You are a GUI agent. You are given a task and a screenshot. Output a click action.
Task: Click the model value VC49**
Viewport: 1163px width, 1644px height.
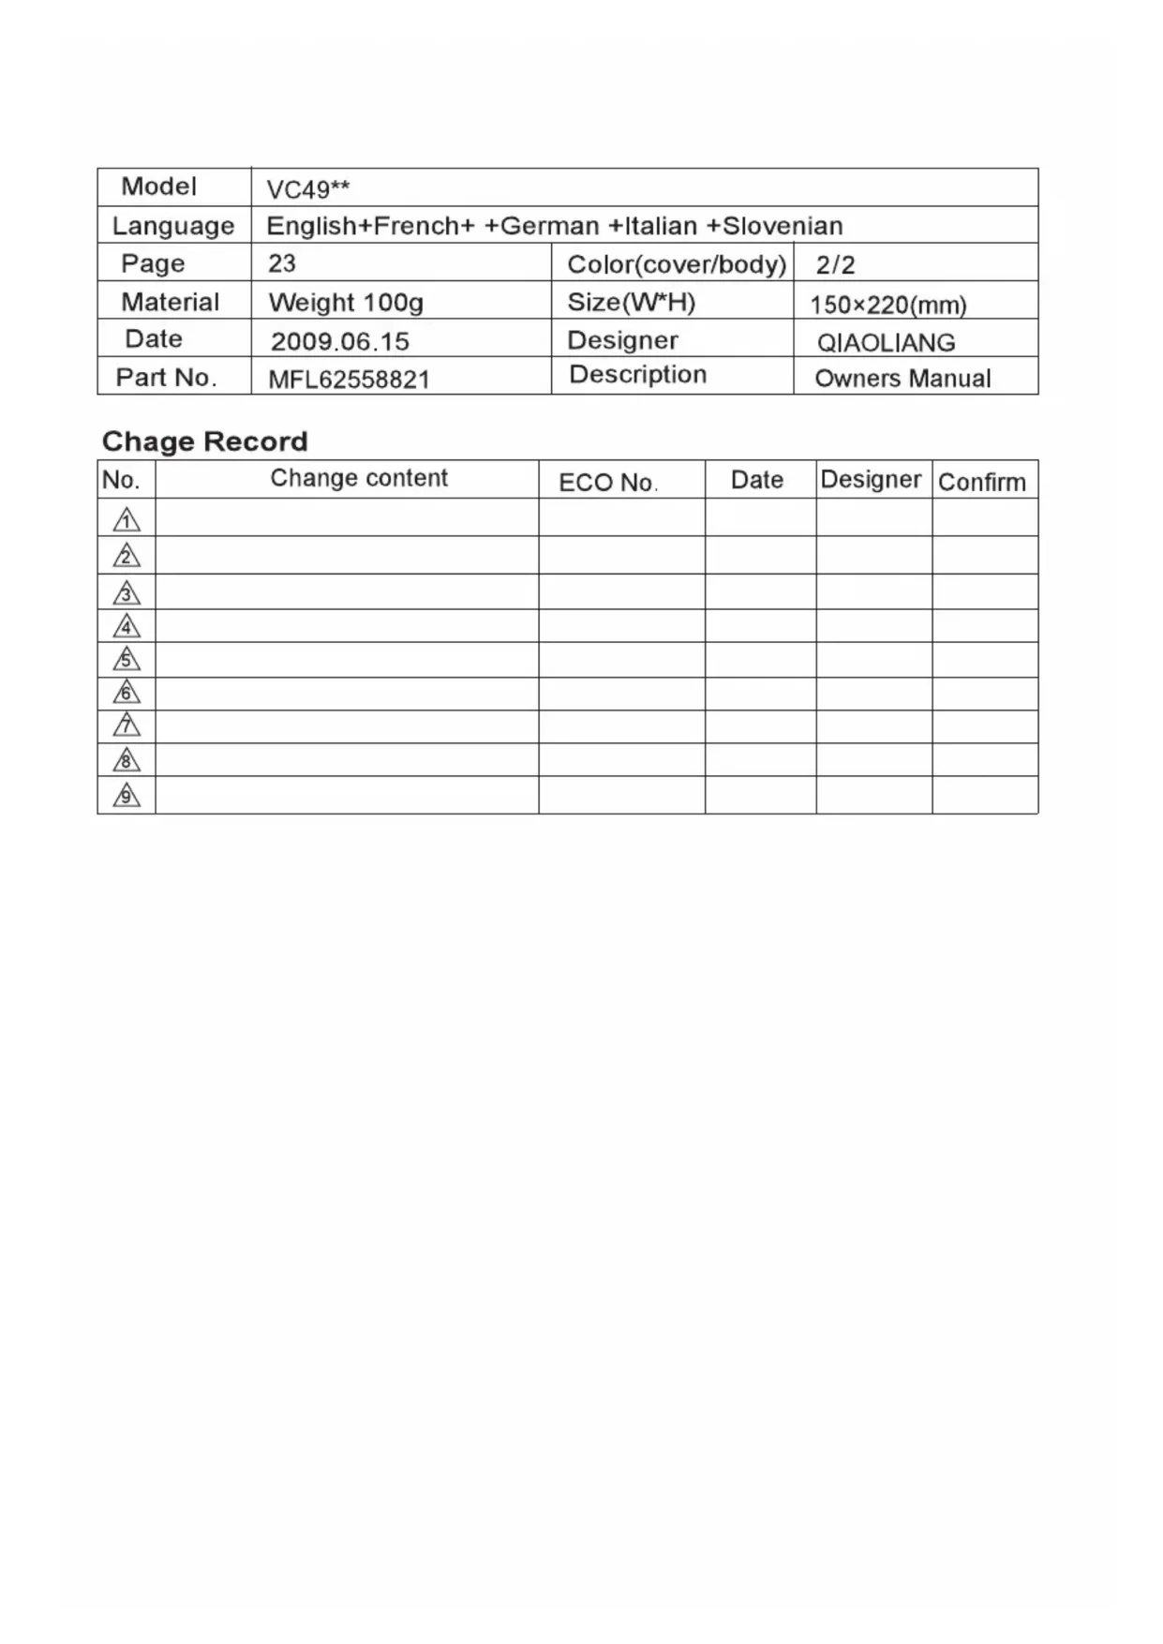307,189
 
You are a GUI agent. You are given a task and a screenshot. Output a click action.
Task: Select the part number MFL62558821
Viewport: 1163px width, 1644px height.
349,380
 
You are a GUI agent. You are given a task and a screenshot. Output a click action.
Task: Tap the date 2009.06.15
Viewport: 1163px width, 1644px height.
339,341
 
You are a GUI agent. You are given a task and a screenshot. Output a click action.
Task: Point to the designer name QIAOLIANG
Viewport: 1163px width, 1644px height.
886,343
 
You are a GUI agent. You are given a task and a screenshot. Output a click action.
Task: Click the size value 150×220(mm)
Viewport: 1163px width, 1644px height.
887,305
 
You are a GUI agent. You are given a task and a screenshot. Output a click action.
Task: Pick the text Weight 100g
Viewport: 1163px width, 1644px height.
346,303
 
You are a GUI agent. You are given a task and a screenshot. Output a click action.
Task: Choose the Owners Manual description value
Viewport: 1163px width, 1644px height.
902,379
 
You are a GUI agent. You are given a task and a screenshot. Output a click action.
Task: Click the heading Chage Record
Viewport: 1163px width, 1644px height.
204,441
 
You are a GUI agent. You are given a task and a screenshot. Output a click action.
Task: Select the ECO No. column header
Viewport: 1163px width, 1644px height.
608,483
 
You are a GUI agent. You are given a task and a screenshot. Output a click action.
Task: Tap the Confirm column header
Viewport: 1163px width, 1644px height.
981,482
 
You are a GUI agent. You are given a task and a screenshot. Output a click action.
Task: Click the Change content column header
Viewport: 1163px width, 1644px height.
359,478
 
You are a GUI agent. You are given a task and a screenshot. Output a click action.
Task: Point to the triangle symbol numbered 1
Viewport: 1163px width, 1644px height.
127,519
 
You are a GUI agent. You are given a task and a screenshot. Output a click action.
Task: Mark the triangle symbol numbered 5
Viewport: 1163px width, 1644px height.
127,660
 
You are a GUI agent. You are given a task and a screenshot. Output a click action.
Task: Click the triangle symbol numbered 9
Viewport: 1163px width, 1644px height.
127,796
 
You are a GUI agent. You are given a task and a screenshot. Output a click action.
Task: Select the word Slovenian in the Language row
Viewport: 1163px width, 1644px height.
783,226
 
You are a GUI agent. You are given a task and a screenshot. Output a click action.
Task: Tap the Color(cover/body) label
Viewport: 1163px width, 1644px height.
676,264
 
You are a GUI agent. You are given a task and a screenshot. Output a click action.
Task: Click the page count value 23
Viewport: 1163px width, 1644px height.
281,263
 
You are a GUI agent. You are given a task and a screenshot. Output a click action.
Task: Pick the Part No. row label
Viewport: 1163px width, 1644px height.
166,378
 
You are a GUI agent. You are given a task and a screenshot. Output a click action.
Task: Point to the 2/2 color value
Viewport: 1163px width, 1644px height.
835,265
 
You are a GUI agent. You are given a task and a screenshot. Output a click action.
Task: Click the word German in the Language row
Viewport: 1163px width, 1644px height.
550,226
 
